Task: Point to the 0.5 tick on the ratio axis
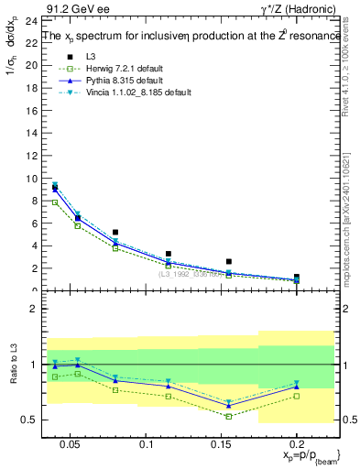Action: pyautogui.click(x=27, y=420)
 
